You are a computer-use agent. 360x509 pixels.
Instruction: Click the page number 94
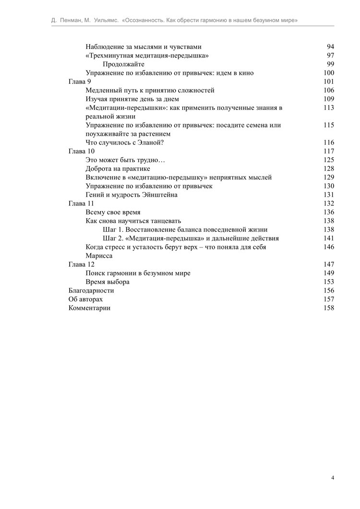click(x=330, y=47)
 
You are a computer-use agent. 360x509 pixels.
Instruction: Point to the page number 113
click(x=328, y=107)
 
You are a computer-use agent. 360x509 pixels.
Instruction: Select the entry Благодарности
click(x=91, y=291)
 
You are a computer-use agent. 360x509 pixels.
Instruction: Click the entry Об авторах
click(x=85, y=299)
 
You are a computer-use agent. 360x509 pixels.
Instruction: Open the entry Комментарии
click(x=89, y=308)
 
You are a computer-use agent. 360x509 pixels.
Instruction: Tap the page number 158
click(x=328, y=308)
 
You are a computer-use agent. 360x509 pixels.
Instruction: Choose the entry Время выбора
click(x=108, y=282)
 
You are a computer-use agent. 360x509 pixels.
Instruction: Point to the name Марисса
click(x=99, y=256)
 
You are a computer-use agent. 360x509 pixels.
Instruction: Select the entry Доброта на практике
click(x=118, y=168)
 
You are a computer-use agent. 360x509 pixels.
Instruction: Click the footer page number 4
click(x=332, y=478)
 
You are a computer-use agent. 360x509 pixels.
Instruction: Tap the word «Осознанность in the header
click(x=146, y=21)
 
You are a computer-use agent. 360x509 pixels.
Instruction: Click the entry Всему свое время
click(x=113, y=212)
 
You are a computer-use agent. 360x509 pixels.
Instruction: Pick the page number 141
click(x=328, y=238)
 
